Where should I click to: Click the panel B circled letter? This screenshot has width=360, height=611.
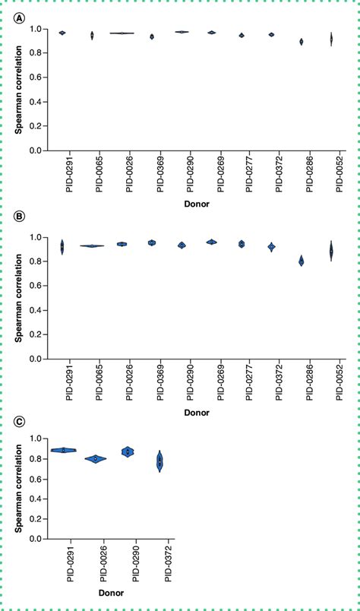pyautogui.click(x=17, y=217)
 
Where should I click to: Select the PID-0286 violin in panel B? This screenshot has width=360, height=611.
pyautogui.click(x=302, y=261)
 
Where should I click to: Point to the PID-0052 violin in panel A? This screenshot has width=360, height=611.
pyautogui.click(x=331, y=40)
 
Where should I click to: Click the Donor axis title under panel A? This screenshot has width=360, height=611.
pyautogui.click(x=201, y=204)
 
